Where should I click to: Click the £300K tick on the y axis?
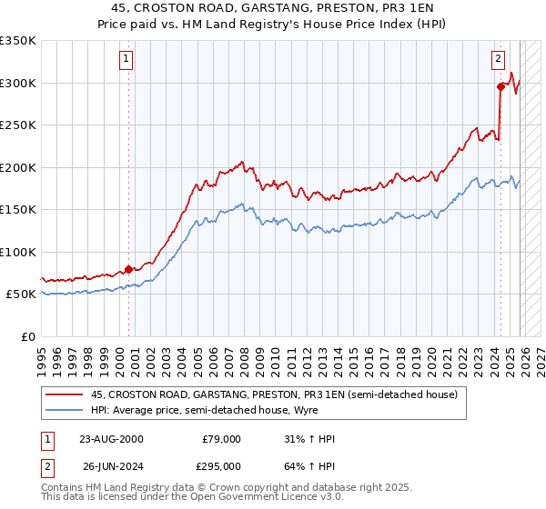click(18, 83)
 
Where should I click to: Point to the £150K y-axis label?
click(18, 209)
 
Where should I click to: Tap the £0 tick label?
click(27, 336)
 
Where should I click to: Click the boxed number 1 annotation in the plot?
click(126, 60)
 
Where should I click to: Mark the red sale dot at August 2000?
click(128, 269)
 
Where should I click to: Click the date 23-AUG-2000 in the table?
click(110, 439)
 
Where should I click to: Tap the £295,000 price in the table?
click(221, 465)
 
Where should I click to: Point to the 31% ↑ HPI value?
click(309, 439)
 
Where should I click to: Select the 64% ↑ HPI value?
click(309, 465)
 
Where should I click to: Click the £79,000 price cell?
click(221, 439)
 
